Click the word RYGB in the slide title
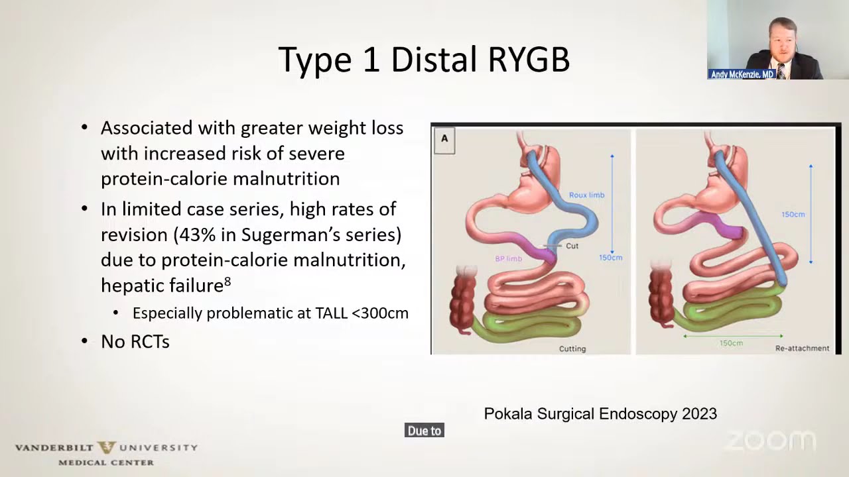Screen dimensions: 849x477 click(529, 60)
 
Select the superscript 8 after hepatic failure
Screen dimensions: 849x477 click(228, 282)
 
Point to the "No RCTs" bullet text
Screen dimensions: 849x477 click(135, 341)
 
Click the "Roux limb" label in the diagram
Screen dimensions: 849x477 click(587, 195)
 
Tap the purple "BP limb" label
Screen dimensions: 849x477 click(508, 259)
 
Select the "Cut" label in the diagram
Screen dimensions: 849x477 click(572, 246)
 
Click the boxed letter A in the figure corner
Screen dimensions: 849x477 click(444, 140)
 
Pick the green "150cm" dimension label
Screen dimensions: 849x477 click(731, 343)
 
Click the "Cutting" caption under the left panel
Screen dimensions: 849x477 click(572, 348)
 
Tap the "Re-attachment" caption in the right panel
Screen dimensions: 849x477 click(802, 348)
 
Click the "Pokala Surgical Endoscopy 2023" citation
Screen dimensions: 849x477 click(600, 413)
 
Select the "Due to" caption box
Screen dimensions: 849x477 click(424, 431)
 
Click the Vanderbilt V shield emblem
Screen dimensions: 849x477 click(107, 447)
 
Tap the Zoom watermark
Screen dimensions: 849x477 click(771, 441)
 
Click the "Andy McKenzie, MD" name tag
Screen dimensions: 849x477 click(742, 74)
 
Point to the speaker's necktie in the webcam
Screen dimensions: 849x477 click(781, 72)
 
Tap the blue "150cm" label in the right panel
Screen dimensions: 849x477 click(793, 215)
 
